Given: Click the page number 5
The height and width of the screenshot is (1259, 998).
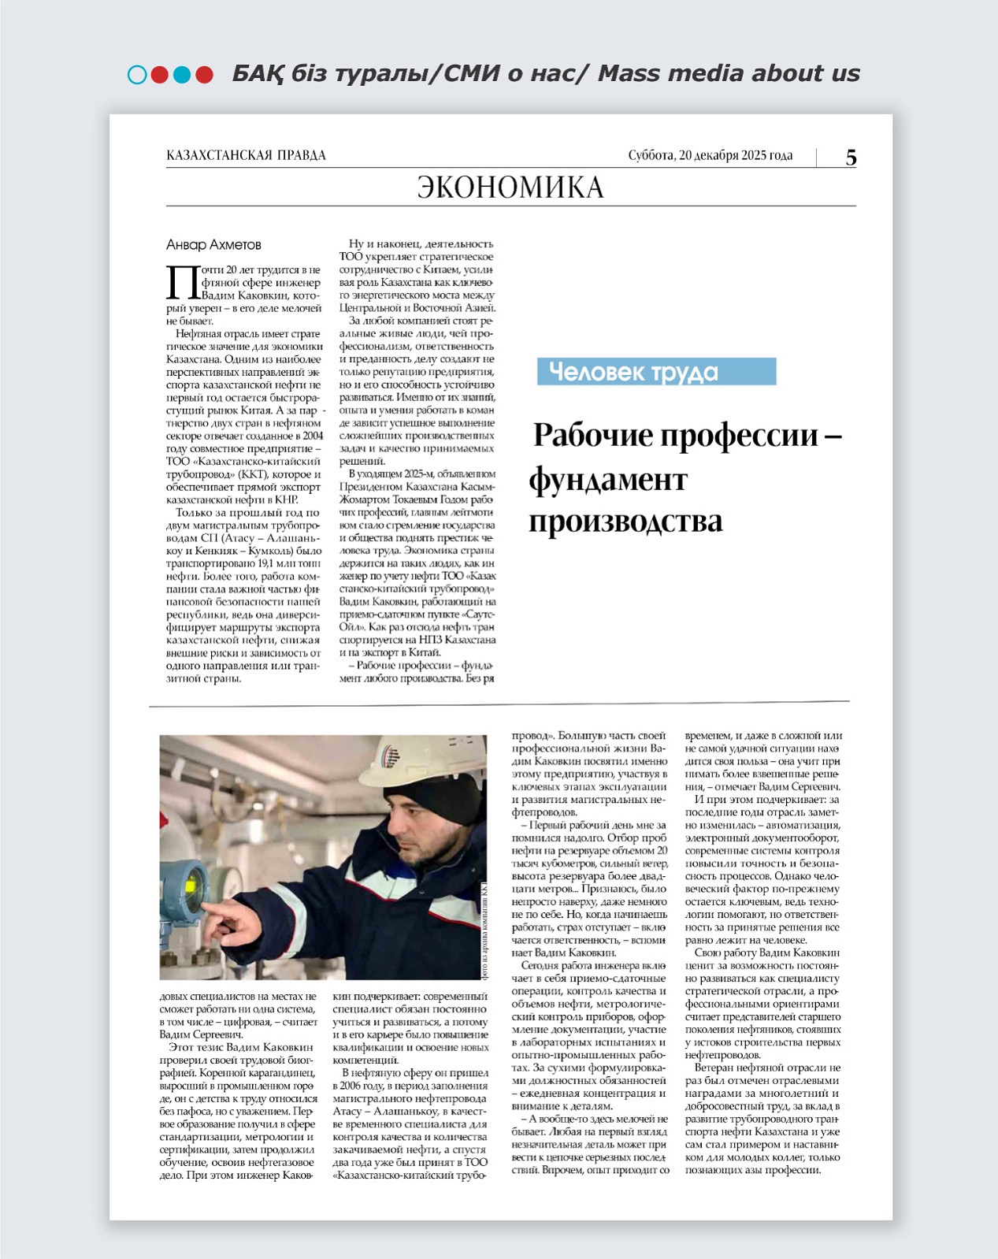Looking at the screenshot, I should click(x=851, y=158).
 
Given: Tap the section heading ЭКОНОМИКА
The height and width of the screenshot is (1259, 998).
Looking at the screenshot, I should click(x=510, y=188).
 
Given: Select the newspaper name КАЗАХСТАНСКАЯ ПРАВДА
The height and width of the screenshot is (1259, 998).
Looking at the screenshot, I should click(x=246, y=155).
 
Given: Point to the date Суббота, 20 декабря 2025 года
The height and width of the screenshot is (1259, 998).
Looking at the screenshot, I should click(x=710, y=155).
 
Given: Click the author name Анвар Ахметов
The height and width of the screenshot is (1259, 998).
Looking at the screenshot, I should click(x=213, y=245).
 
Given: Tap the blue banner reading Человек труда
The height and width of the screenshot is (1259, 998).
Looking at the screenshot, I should click(x=656, y=372).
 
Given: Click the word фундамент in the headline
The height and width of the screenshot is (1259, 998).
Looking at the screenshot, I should click(x=608, y=479).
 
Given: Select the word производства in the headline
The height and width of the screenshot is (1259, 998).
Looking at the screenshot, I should click(x=625, y=522).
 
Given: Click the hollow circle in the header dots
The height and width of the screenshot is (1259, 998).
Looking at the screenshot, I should click(x=137, y=75).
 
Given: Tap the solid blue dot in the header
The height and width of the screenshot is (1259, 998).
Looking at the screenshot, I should click(x=182, y=75).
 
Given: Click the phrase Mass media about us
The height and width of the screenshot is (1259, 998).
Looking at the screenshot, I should click(x=729, y=73).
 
